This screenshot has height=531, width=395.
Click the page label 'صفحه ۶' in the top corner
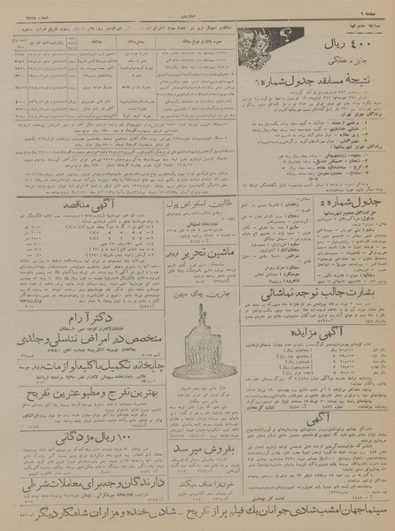tap(376, 6)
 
